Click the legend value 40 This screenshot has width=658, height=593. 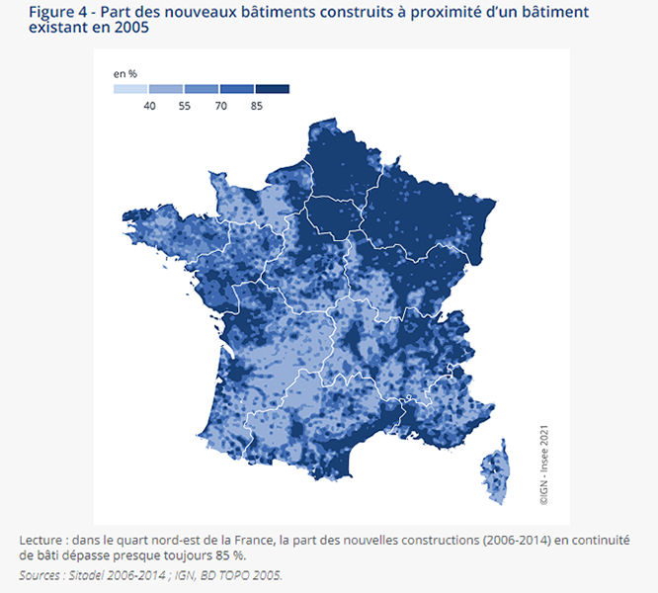tap(151, 105)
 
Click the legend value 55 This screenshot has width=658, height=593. tap(186, 105)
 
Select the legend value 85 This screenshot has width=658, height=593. tap(256, 105)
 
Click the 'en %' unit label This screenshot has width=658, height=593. tap(124, 73)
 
